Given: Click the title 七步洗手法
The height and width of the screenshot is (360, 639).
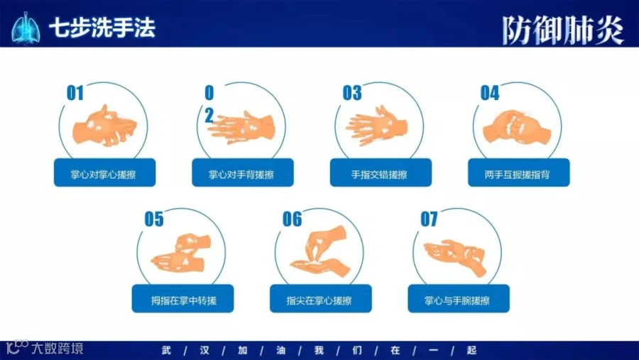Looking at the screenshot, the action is pyautogui.click(x=102, y=28).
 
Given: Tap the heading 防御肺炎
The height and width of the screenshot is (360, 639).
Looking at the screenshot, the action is pyautogui.click(x=563, y=30).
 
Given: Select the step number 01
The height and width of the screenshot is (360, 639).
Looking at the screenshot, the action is pyautogui.click(x=75, y=93).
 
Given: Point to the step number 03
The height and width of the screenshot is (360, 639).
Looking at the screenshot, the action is pyautogui.click(x=352, y=93).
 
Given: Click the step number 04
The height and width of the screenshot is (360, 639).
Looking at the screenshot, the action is pyautogui.click(x=490, y=93).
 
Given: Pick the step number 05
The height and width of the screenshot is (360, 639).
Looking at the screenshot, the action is pyautogui.click(x=154, y=219).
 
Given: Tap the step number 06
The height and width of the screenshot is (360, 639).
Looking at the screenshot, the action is pyautogui.click(x=293, y=219).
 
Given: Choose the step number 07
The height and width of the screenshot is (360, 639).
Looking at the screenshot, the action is pyautogui.click(x=430, y=219).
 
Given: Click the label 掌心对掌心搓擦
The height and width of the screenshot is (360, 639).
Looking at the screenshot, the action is pyautogui.click(x=104, y=175).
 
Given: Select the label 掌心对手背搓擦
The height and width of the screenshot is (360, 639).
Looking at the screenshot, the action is pyautogui.click(x=241, y=175).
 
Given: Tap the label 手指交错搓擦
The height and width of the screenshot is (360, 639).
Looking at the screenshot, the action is pyautogui.click(x=379, y=175).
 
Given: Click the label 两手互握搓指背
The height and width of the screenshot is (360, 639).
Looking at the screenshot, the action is pyautogui.click(x=517, y=175).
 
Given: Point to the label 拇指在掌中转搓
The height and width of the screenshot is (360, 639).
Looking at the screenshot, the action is pyautogui.click(x=184, y=301).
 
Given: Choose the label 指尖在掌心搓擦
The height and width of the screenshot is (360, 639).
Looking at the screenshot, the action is pyautogui.click(x=319, y=301).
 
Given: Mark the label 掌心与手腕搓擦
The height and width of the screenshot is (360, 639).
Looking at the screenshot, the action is pyautogui.click(x=457, y=301).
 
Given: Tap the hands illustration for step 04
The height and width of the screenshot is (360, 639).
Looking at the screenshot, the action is pyautogui.click(x=517, y=126).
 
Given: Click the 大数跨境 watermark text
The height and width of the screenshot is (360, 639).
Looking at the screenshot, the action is pyautogui.click(x=58, y=349).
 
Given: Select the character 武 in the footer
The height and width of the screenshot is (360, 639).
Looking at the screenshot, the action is pyautogui.click(x=166, y=350).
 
